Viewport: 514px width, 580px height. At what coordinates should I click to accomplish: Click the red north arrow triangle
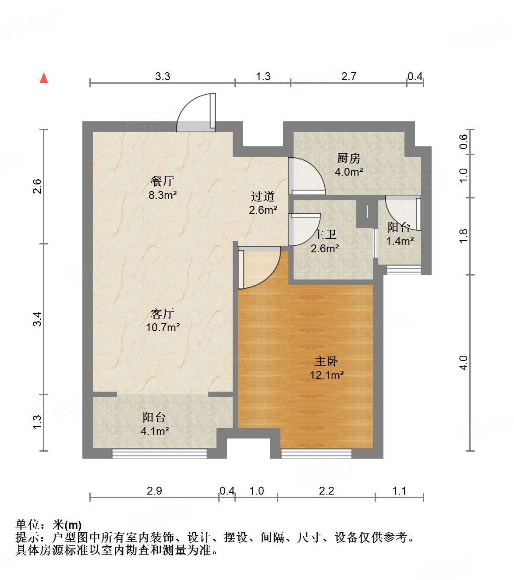(44, 78)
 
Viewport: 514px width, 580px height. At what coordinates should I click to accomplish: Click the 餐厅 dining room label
(162, 180)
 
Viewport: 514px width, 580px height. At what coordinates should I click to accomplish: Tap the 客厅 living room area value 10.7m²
(163, 327)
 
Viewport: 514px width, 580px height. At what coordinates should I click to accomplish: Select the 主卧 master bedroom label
(326, 361)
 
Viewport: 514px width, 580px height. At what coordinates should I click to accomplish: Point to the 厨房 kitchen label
(349, 158)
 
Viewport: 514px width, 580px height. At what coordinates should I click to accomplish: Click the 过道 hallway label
(263, 196)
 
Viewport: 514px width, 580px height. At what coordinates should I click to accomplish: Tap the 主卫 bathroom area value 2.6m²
(325, 249)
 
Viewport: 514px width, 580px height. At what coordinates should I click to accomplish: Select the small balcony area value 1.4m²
(400, 241)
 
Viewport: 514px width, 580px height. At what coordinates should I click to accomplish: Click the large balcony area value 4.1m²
(155, 431)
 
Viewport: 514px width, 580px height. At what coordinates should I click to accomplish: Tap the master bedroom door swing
(259, 268)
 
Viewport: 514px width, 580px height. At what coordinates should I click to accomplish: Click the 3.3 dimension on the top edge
(163, 76)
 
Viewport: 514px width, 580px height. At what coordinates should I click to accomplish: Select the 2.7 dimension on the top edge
(349, 76)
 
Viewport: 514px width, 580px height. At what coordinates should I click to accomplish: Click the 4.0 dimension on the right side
(464, 362)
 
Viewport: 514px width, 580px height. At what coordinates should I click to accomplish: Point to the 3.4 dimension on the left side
(37, 318)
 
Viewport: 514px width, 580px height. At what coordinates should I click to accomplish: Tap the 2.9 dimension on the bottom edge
(154, 491)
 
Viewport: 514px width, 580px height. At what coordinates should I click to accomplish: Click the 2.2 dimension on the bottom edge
(326, 491)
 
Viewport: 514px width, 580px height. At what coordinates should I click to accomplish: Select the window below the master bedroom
(316, 453)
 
